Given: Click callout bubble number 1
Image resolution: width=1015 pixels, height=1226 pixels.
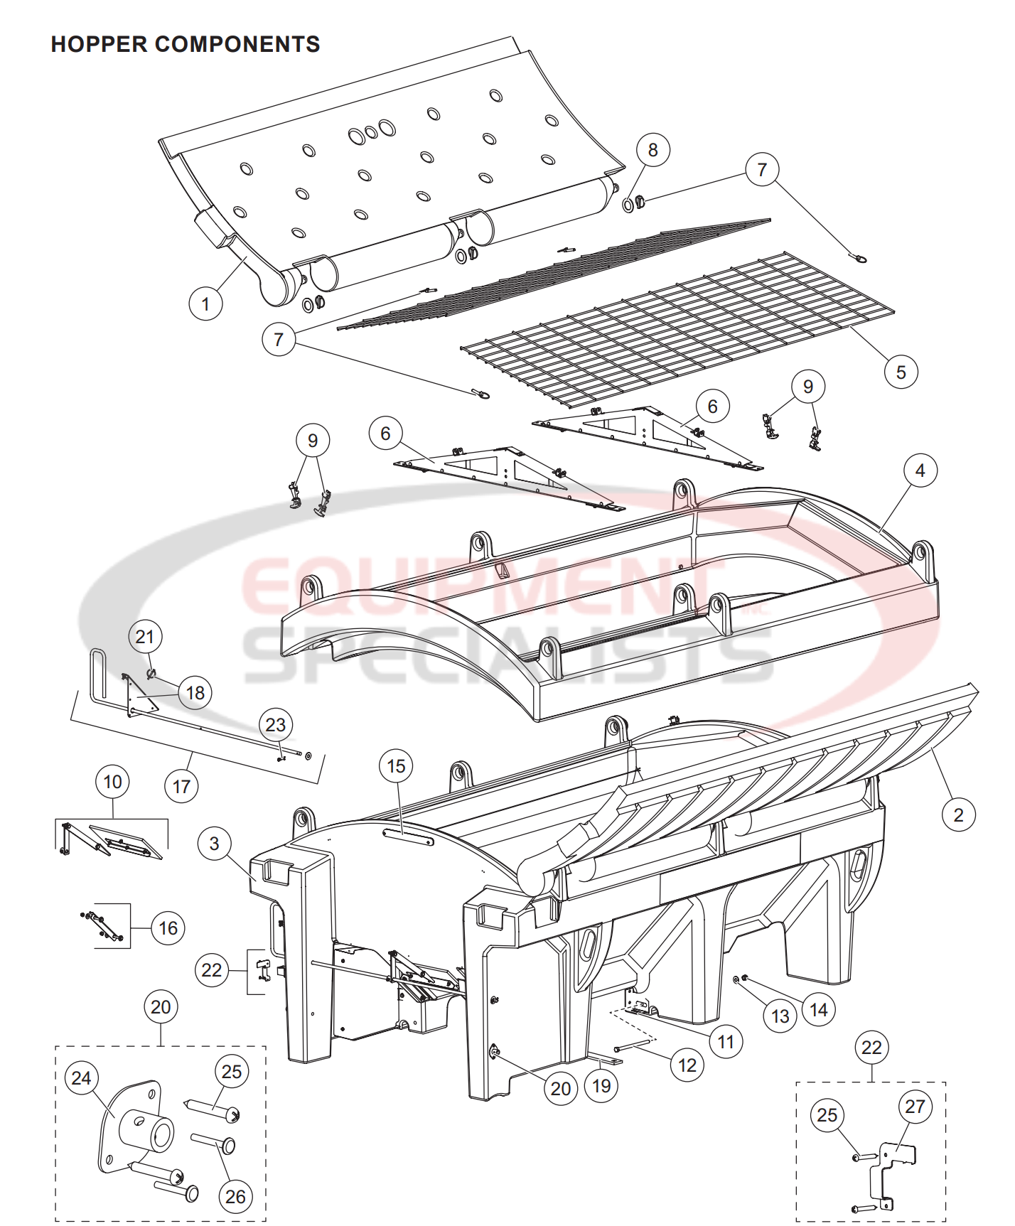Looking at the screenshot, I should point(205,303).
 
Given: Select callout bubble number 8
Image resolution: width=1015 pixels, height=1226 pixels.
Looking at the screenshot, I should point(652,150).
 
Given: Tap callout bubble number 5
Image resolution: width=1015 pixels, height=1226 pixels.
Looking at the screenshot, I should point(901,372).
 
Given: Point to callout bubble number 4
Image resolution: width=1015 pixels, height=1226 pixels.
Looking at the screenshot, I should point(920,470).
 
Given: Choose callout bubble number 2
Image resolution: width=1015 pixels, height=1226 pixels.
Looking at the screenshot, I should point(958,814).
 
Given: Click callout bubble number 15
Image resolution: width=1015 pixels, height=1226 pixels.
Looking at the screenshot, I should point(396,765).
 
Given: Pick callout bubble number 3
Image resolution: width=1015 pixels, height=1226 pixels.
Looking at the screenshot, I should point(215,844).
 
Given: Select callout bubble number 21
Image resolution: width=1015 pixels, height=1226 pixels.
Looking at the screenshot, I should point(145,636).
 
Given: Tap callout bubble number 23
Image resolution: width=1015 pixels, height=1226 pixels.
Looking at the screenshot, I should point(275,724).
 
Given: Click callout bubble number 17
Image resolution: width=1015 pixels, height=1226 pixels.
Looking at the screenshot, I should point(181,787).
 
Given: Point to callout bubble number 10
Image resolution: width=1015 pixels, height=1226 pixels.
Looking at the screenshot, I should point(112,782).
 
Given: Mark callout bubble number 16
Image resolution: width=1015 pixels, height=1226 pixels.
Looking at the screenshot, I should point(168,927).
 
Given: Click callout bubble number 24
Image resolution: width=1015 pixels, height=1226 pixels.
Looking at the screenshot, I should point(81,1078).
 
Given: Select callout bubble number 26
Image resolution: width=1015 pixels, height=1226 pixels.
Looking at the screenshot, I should point(235,1196).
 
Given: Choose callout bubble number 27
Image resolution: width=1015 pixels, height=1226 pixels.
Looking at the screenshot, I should point(915,1107).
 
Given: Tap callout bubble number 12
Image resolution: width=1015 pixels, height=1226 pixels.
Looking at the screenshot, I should point(687,1065).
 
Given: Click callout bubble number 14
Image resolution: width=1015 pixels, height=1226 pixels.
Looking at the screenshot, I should point(818,1009).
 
